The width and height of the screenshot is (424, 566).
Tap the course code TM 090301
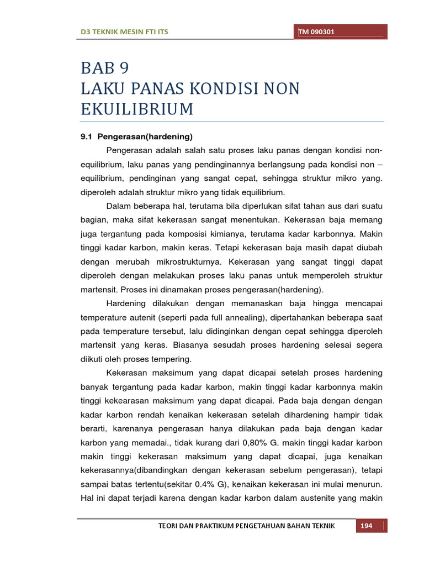click(x=316, y=32)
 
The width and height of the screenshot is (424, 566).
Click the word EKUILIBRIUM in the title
click(x=137, y=109)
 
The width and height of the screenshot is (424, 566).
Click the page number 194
click(x=367, y=526)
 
